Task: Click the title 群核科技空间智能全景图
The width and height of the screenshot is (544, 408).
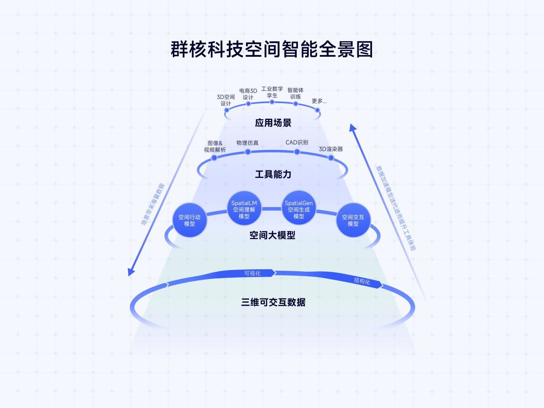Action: click(272, 49)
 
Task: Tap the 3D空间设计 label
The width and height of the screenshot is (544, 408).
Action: click(226, 100)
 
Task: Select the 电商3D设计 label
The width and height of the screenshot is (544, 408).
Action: click(248, 94)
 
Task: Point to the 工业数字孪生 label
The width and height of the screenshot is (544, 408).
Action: click(272, 92)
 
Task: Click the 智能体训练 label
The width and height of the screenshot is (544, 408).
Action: click(295, 93)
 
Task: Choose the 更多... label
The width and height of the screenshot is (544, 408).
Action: click(319, 101)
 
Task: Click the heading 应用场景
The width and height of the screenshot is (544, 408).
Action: click(273, 123)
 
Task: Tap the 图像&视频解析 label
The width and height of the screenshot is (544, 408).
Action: click(215, 147)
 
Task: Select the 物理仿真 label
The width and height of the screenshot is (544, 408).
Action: click(247, 143)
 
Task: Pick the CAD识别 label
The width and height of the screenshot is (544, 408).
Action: click(297, 142)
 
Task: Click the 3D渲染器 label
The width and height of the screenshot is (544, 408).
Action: click(331, 149)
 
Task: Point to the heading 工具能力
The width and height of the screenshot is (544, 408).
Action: click(273, 174)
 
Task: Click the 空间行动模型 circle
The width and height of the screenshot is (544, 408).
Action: click(189, 220)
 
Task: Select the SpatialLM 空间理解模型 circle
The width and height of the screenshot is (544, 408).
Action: click(244, 209)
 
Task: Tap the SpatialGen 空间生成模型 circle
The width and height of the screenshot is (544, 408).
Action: click(298, 209)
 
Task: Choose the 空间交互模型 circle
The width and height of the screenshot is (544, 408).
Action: click(353, 220)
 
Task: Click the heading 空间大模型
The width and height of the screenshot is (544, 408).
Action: click(272, 235)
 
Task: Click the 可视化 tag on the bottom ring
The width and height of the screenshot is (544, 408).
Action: click(253, 273)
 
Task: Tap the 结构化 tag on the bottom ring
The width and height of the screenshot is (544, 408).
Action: click(362, 281)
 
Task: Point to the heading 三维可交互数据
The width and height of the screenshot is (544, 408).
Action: click(273, 302)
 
